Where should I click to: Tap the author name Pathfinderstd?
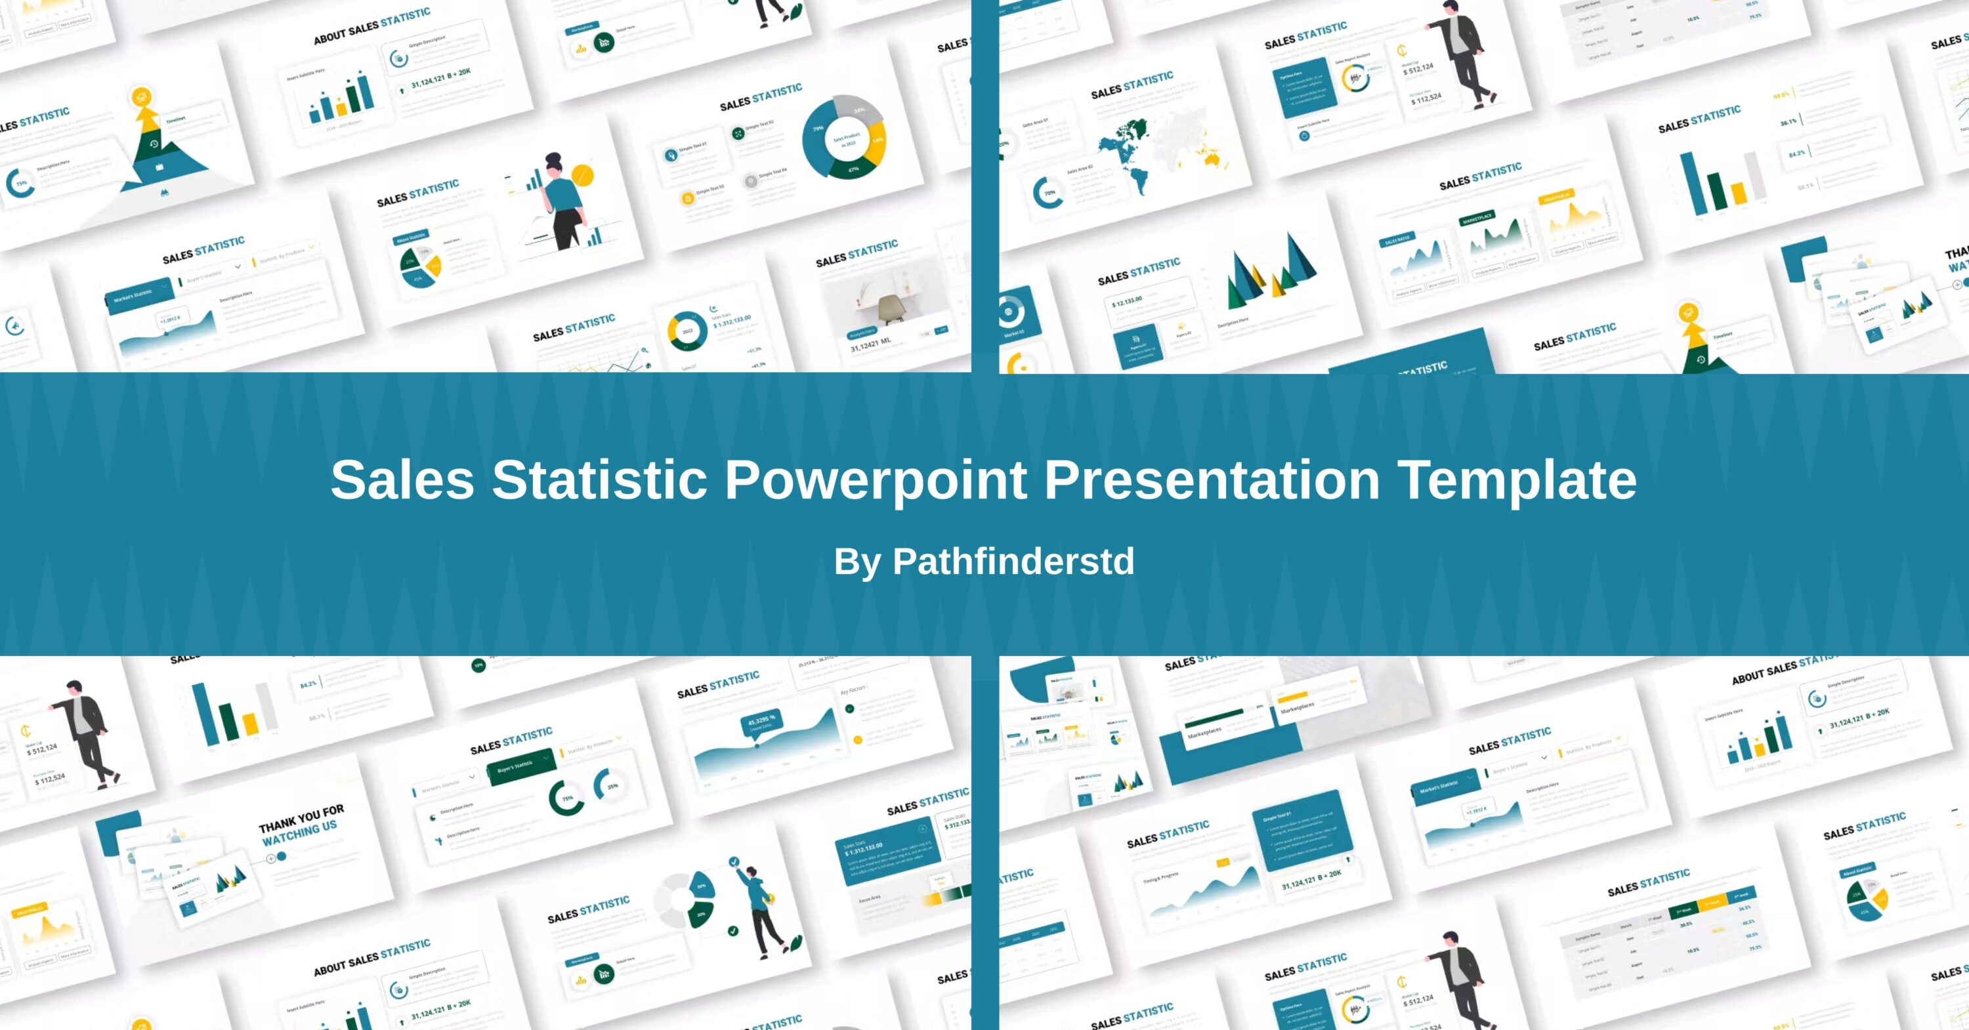pyautogui.click(x=1013, y=562)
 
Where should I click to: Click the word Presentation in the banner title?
pyautogui.click(x=1212, y=481)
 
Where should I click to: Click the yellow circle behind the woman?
pyautogui.click(x=582, y=175)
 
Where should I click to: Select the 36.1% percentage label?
pyautogui.click(x=1788, y=122)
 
